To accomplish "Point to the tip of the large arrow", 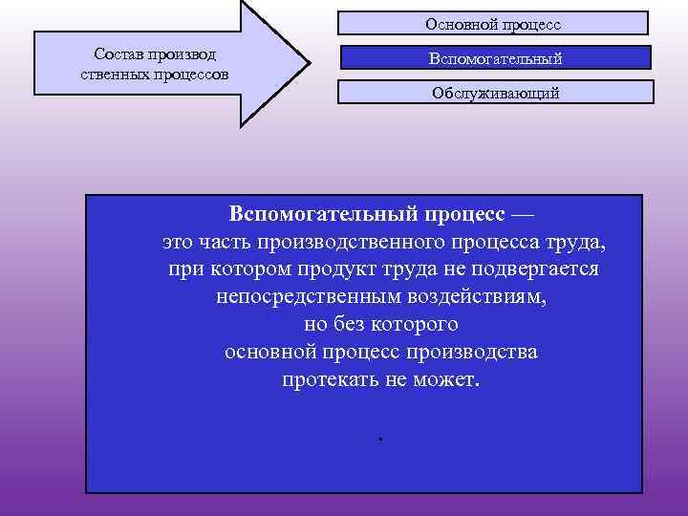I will click(x=309, y=65).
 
